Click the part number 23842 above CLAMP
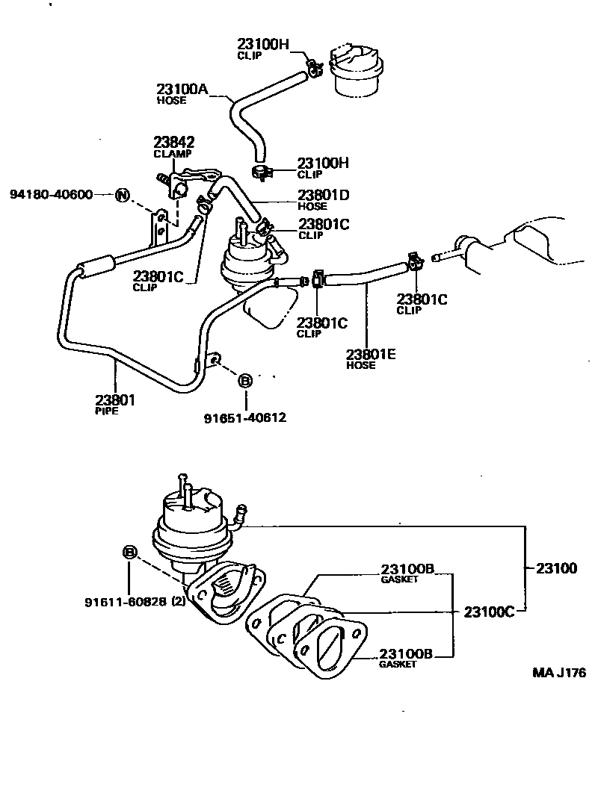click(x=174, y=143)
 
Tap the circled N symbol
click(x=123, y=196)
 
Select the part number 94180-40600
click(x=52, y=195)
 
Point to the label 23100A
click(x=182, y=89)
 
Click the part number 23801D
click(x=324, y=195)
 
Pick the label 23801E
click(x=371, y=355)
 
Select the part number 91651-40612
click(x=244, y=417)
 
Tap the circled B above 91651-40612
click(x=244, y=382)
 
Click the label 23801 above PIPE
click(x=115, y=400)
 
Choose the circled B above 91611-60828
click(x=129, y=553)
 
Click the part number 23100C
click(x=490, y=611)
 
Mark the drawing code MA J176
click(x=558, y=672)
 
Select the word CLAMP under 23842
click(x=173, y=154)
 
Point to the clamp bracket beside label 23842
click(x=183, y=183)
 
